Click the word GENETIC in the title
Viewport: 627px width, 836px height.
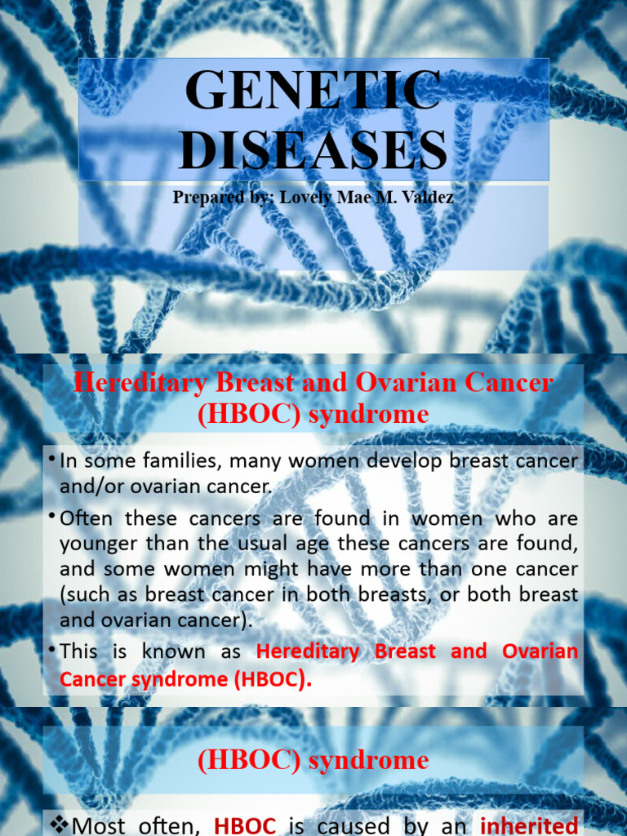[313, 90]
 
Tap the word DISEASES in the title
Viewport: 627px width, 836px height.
[313, 149]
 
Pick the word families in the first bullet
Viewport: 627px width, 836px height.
[184, 460]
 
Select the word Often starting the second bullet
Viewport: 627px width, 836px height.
[86, 518]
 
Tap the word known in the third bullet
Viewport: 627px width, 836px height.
[173, 651]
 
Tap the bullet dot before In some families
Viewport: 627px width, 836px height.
[51, 459]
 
